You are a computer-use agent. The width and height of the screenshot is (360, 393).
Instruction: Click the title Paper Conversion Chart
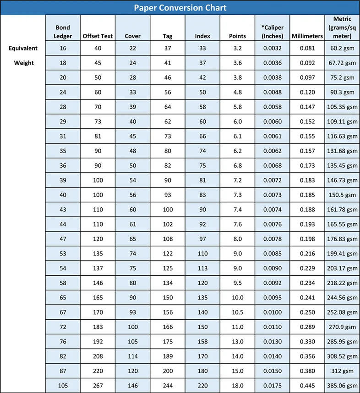180,8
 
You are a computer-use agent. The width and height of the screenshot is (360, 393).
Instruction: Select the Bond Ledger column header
63,32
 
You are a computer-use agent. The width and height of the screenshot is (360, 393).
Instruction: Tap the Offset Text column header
98,36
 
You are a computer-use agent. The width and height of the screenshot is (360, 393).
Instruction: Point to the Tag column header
168,36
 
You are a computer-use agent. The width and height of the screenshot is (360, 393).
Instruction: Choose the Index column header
202,36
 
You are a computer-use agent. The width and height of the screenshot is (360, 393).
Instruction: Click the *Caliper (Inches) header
273,32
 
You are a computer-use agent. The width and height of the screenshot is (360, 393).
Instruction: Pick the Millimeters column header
307,36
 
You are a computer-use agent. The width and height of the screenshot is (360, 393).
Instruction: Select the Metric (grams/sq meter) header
342,28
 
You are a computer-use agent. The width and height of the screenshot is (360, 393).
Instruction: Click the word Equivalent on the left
23,48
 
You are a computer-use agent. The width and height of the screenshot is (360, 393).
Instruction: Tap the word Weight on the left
23,63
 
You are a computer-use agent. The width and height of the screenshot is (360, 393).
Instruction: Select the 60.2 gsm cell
342,48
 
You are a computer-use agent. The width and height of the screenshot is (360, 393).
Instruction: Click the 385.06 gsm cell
342,386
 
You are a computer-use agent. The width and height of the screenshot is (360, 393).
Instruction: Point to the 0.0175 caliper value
273,386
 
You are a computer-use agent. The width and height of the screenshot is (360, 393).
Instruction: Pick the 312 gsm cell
342,371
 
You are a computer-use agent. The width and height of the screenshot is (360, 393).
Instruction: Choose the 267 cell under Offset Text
98,386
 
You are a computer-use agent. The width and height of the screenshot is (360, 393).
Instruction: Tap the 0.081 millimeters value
307,48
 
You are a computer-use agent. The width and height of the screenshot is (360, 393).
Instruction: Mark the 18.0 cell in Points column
237,386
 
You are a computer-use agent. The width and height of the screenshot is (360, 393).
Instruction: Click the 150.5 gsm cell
342,195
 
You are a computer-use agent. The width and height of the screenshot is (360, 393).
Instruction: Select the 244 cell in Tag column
168,386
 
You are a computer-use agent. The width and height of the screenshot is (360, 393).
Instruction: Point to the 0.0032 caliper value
273,48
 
